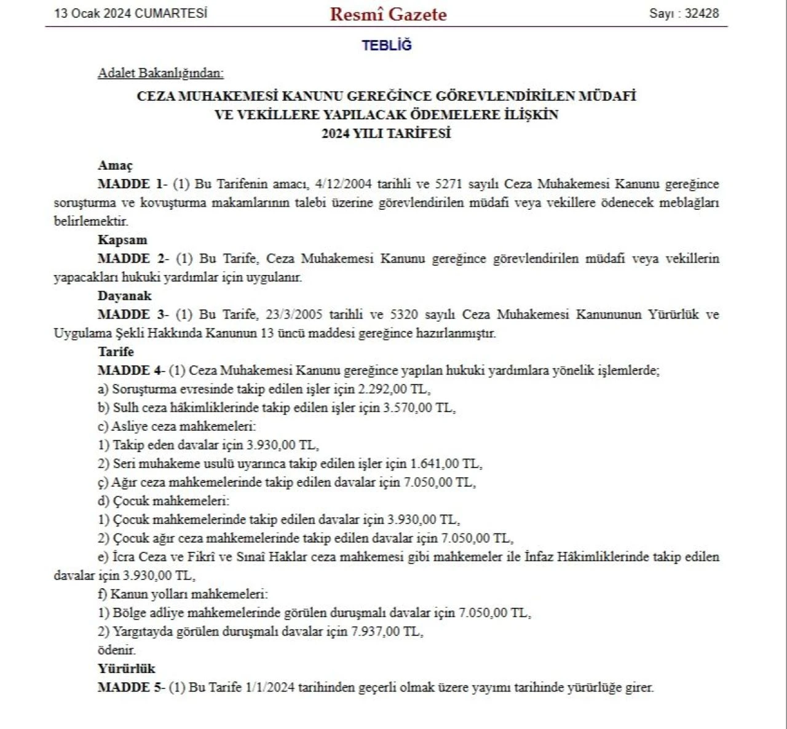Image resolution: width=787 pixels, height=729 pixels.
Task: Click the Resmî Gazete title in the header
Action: click(x=388, y=14)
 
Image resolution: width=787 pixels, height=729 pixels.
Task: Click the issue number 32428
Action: click(x=702, y=14)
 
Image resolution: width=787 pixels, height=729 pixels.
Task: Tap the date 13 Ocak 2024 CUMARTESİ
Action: click(x=131, y=14)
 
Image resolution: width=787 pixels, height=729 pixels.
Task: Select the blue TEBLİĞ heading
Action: click(x=387, y=46)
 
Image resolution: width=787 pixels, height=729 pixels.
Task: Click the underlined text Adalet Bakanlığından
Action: click(x=160, y=73)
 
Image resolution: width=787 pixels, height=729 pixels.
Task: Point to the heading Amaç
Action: click(x=115, y=165)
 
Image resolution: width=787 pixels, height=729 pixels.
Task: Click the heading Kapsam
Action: click(x=122, y=240)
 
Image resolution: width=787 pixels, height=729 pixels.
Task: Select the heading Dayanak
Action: click(x=124, y=296)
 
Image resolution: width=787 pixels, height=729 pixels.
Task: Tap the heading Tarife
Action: click(x=116, y=352)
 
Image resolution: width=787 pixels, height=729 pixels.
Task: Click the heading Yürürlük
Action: click(x=126, y=669)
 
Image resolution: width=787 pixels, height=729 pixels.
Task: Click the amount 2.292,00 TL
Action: click(x=393, y=389)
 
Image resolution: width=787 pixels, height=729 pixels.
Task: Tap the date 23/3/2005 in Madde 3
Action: click(x=293, y=315)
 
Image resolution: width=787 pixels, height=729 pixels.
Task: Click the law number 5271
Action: click(x=448, y=184)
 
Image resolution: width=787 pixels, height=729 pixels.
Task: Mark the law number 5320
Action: click(x=403, y=315)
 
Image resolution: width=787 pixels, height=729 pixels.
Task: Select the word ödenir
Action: click(x=116, y=650)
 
